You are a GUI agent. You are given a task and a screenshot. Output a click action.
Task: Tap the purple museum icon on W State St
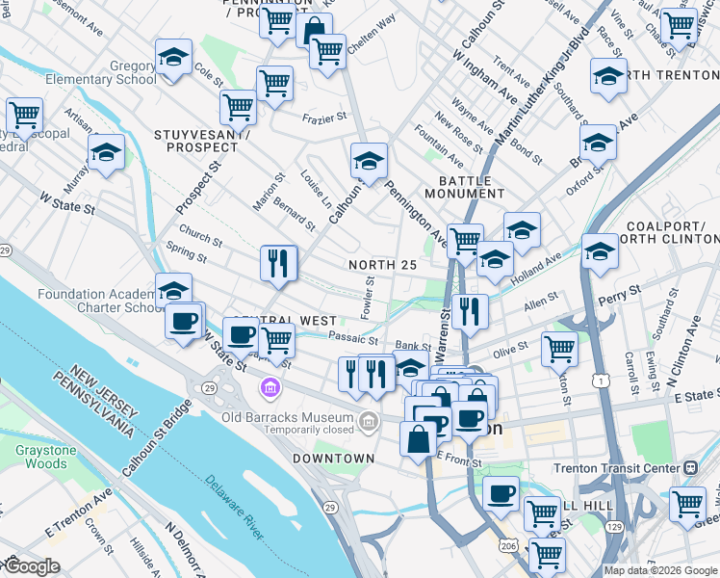270,388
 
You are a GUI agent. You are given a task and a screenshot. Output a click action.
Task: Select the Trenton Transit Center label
616,467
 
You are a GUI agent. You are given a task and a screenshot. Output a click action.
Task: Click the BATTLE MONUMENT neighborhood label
465,187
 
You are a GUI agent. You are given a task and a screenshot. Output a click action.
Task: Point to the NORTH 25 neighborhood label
382,265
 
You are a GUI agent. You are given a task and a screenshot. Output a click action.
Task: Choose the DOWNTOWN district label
333,459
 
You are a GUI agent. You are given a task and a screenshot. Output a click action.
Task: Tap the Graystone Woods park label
40,456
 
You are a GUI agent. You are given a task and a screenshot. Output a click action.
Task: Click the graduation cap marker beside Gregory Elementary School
173,58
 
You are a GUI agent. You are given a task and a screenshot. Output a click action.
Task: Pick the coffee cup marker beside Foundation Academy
183,323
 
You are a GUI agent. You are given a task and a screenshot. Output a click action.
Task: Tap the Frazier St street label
323,118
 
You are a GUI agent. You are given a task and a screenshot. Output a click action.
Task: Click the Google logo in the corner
31,566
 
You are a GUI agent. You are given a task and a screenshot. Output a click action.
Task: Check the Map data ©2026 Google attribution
659,570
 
